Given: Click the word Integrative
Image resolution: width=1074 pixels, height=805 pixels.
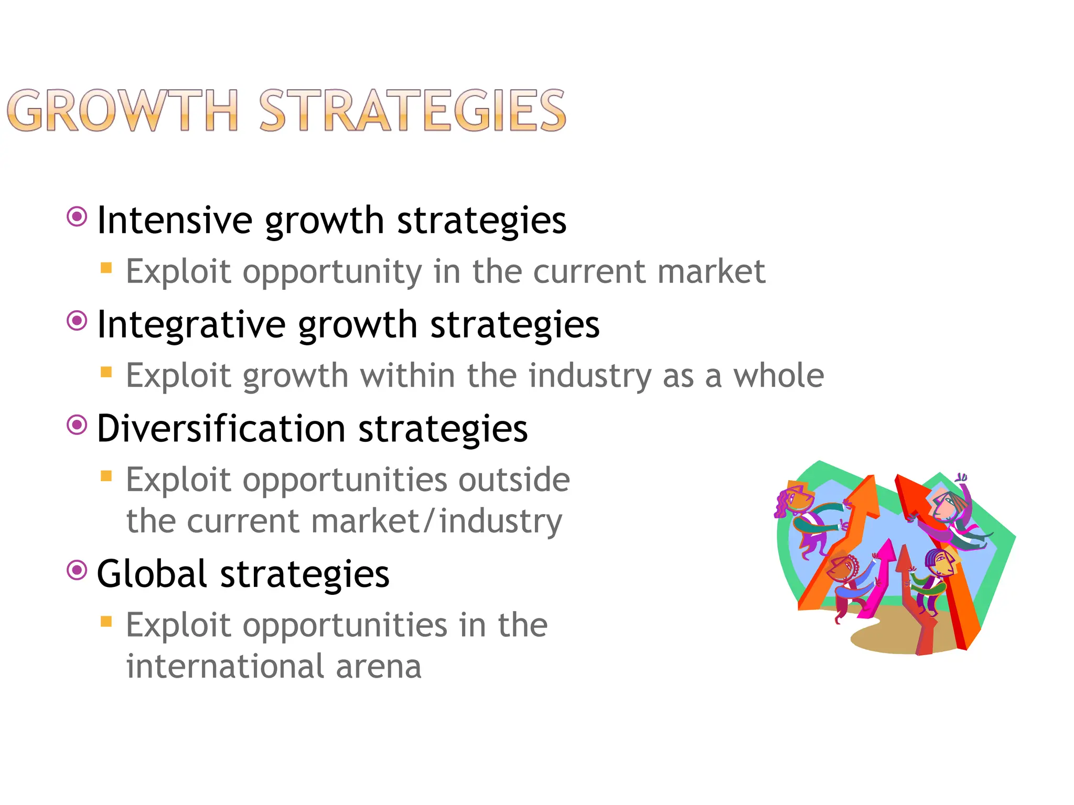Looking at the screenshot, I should pos(191,324).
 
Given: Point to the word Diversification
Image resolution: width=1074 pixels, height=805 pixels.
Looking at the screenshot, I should pos(221,429).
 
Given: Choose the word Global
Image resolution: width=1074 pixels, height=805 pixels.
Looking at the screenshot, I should pos(152,574).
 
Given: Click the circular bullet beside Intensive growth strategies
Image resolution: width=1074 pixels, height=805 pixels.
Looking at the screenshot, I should pos(77,216).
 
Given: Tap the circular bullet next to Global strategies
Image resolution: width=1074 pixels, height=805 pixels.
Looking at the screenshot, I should pos(77,570).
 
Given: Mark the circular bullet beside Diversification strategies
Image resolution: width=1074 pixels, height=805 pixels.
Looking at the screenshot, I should pos(77,425).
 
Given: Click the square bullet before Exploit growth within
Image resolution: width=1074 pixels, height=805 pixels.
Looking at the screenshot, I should pos(106,372).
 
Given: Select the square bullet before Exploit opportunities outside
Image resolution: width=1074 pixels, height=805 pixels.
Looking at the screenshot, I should pos(106,476).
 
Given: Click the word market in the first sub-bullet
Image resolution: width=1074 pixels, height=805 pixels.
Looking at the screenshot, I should pos(711,271).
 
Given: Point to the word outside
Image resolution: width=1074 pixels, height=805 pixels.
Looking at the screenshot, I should pos(514,480).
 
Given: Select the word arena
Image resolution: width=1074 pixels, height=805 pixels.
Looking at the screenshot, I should pos(378,667).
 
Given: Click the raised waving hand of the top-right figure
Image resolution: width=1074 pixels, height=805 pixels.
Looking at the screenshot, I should pos(962,477).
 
